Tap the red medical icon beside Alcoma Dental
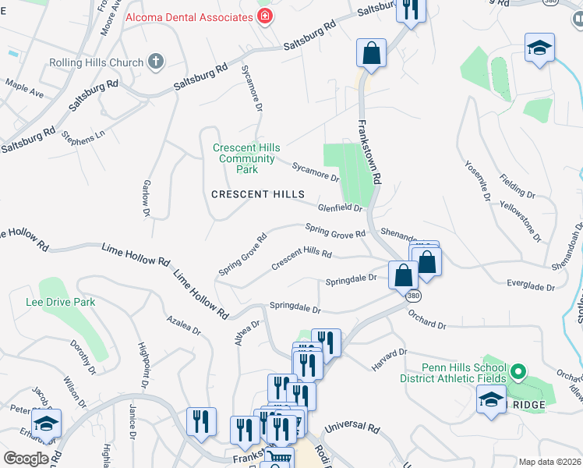point(266,15)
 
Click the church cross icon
point(155,62)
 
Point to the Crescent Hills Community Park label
point(246,158)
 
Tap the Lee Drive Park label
point(60,301)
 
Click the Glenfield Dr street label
point(341,208)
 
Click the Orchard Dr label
point(426,321)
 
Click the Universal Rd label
point(352,427)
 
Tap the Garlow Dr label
point(146,197)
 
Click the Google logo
point(26,459)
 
